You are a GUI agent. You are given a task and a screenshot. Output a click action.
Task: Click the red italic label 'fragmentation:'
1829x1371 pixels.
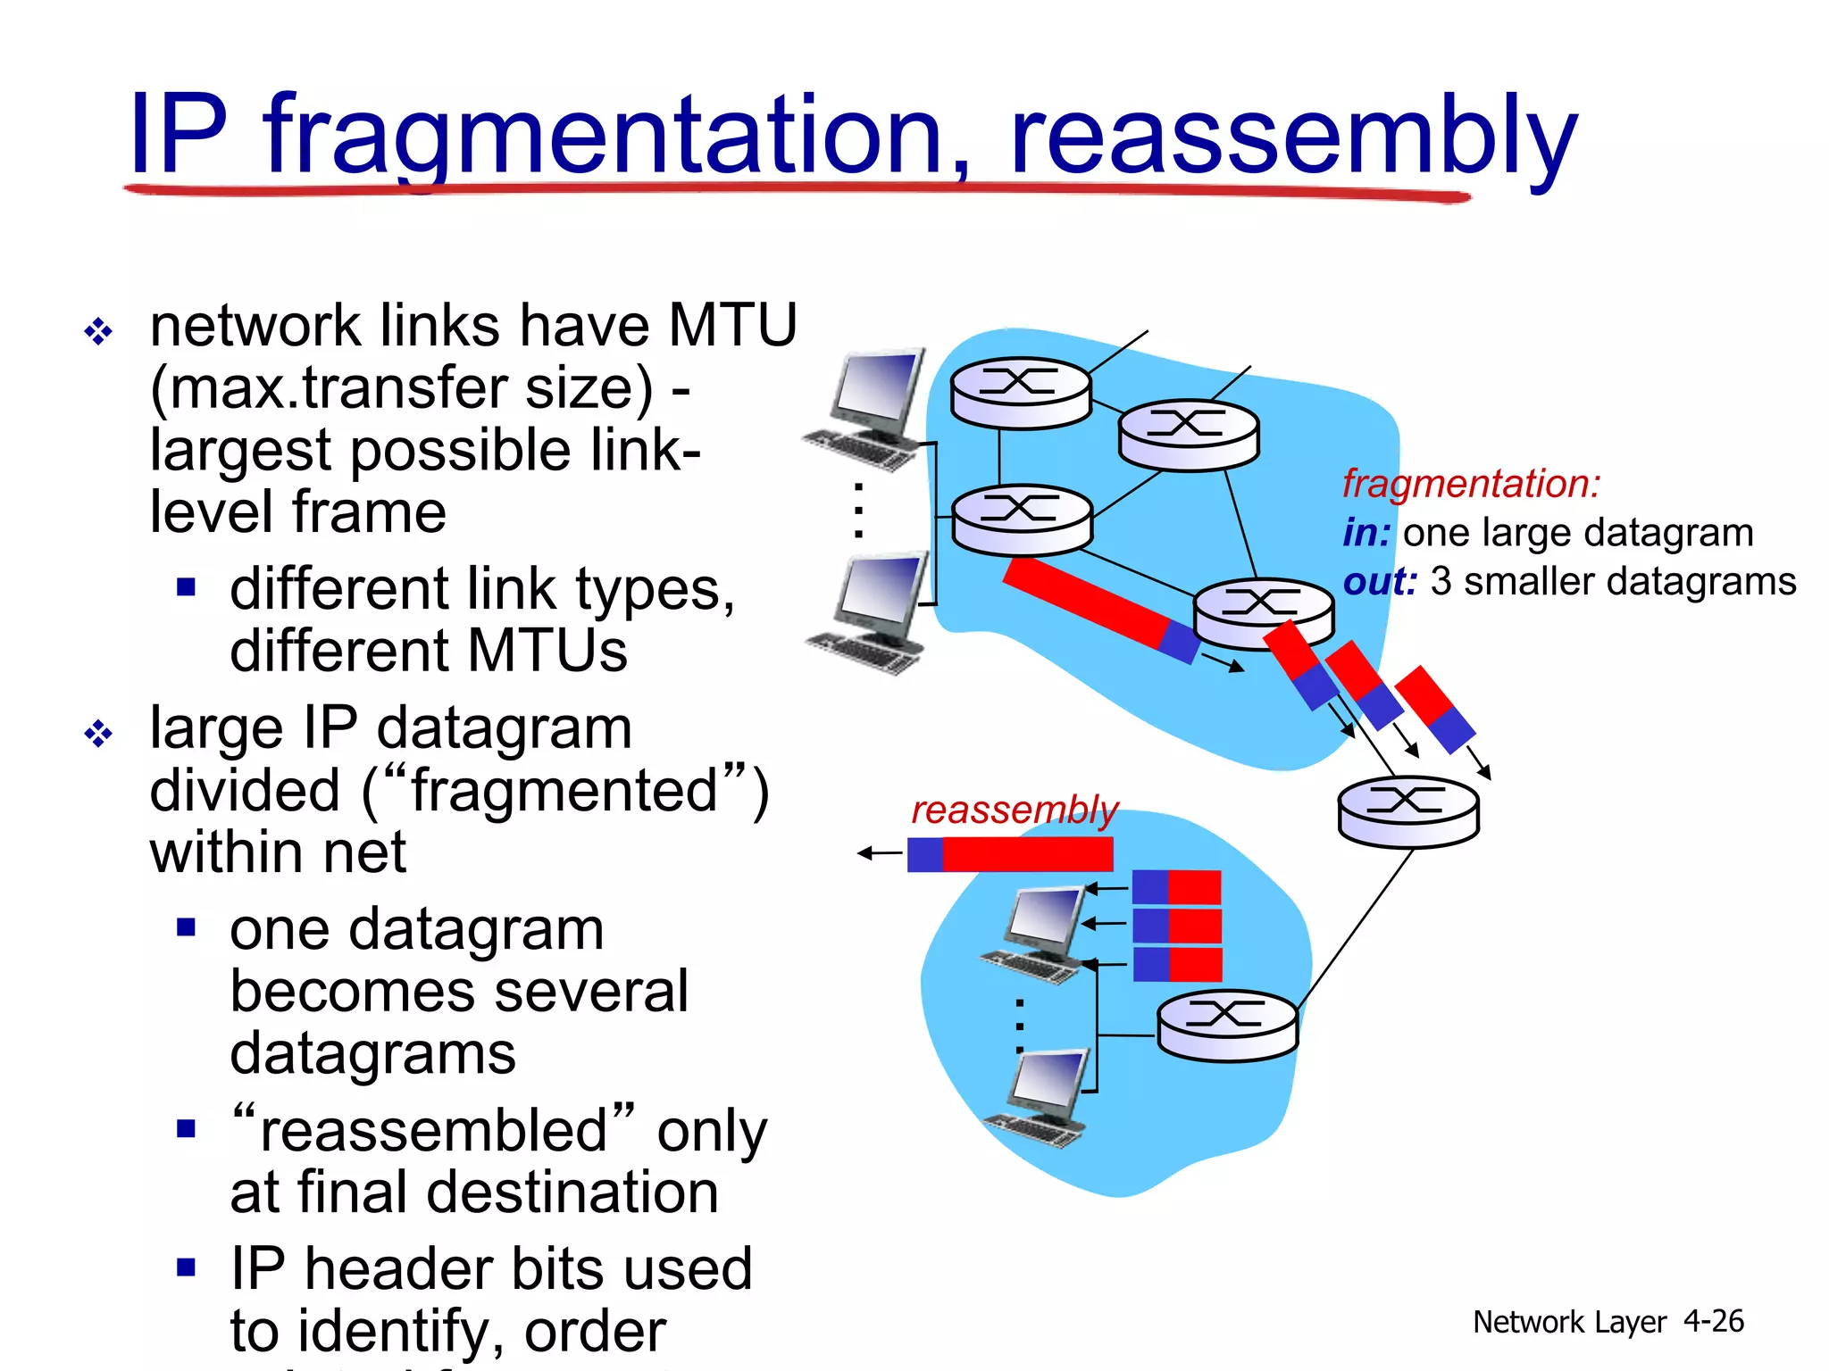1471,484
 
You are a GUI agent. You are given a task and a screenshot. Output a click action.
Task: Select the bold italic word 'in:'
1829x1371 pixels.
1366,533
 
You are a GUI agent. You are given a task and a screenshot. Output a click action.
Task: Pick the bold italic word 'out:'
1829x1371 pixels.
1380,582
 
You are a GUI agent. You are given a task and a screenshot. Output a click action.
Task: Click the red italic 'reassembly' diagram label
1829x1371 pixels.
1014,810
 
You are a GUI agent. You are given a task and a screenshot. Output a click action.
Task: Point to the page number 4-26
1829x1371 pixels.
1713,1321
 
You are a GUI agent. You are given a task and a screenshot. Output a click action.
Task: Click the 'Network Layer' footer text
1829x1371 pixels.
1569,1322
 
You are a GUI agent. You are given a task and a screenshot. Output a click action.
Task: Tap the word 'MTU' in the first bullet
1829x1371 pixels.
732,325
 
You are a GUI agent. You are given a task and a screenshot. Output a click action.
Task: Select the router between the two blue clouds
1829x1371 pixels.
1408,810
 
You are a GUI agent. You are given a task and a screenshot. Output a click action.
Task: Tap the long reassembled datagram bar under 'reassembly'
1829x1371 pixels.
1010,854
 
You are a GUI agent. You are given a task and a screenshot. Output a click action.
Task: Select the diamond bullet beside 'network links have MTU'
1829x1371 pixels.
98,332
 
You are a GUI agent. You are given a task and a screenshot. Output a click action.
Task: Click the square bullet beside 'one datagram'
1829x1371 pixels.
186,927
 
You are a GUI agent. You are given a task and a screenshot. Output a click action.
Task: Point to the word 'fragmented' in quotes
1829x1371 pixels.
564,791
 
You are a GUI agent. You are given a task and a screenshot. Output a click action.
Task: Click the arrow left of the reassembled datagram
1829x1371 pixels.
880,854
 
